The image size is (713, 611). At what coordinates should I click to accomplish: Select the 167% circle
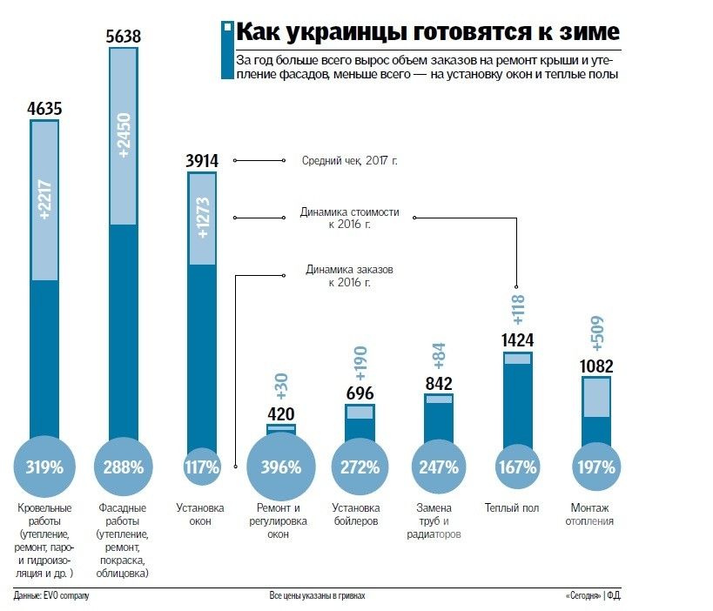(x=517, y=467)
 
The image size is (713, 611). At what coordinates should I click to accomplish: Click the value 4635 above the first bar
(x=44, y=110)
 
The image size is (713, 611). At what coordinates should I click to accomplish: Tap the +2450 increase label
(x=123, y=135)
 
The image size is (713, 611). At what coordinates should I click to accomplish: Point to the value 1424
(x=517, y=340)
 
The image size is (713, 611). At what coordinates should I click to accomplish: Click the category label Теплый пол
(x=517, y=507)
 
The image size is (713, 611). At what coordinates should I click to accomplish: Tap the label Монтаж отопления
(x=594, y=514)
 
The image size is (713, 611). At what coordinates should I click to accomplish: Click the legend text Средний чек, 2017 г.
(x=349, y=161)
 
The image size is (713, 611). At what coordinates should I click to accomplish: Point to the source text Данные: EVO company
(x=52, y=596)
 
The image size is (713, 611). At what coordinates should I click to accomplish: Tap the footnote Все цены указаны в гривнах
(x=317, y=596)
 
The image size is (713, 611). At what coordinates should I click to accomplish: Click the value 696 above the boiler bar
(x=360, y=393)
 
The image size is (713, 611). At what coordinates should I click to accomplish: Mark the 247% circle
(x=439, y=467)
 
